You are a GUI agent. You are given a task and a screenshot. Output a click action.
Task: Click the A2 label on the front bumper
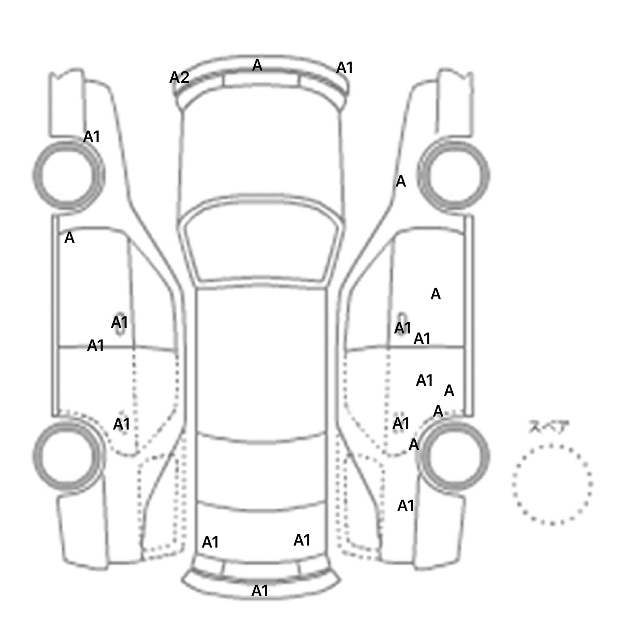coord(179,77)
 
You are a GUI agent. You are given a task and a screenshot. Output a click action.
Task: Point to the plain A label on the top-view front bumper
coord(257,65)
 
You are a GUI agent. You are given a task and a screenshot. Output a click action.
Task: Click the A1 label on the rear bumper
coord(260,591)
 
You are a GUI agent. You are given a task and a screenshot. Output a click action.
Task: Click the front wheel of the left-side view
coord(68,175)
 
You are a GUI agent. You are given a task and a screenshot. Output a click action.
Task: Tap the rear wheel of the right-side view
coord(453,455)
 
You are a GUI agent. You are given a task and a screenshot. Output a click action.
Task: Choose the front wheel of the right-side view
coord(453,175)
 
